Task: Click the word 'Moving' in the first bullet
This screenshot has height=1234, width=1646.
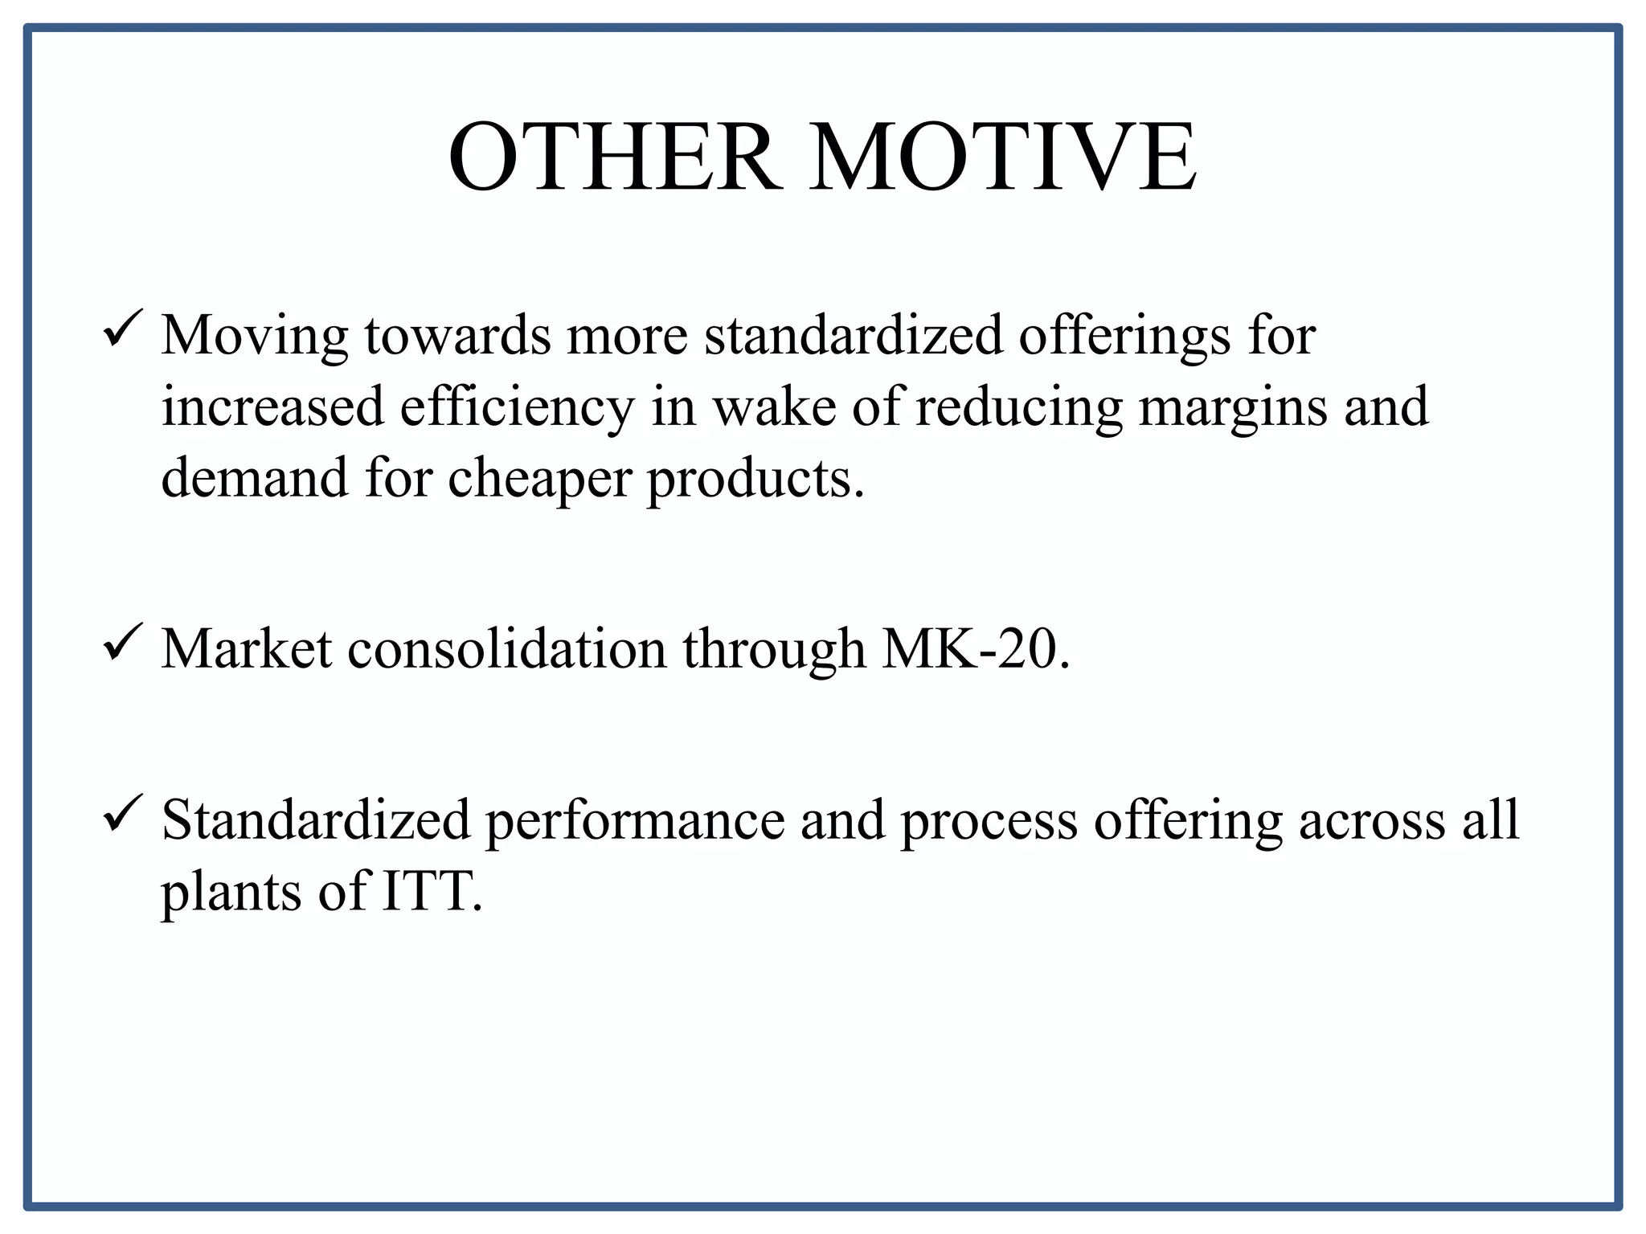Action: click(255, 336)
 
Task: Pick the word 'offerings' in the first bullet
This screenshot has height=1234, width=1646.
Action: click(1124, 336)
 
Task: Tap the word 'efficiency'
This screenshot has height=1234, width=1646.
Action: click(518, 407)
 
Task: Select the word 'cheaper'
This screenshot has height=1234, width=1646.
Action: click(538, 479)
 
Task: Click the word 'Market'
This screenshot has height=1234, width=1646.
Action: click(247, 648)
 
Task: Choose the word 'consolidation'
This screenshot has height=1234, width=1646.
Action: click(507, 648)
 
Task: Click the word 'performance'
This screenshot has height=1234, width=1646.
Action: click(635, 821)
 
